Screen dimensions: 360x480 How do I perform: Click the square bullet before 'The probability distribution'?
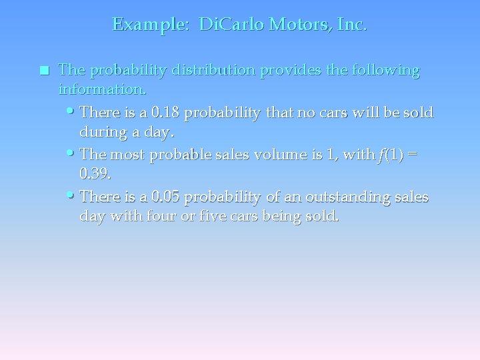pyautogui.click(x=44, y=70)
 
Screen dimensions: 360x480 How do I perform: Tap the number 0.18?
pyautogui.click(x=166, y=112)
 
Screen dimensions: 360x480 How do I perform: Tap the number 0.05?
pyautogui.click(x=166, y=197)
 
